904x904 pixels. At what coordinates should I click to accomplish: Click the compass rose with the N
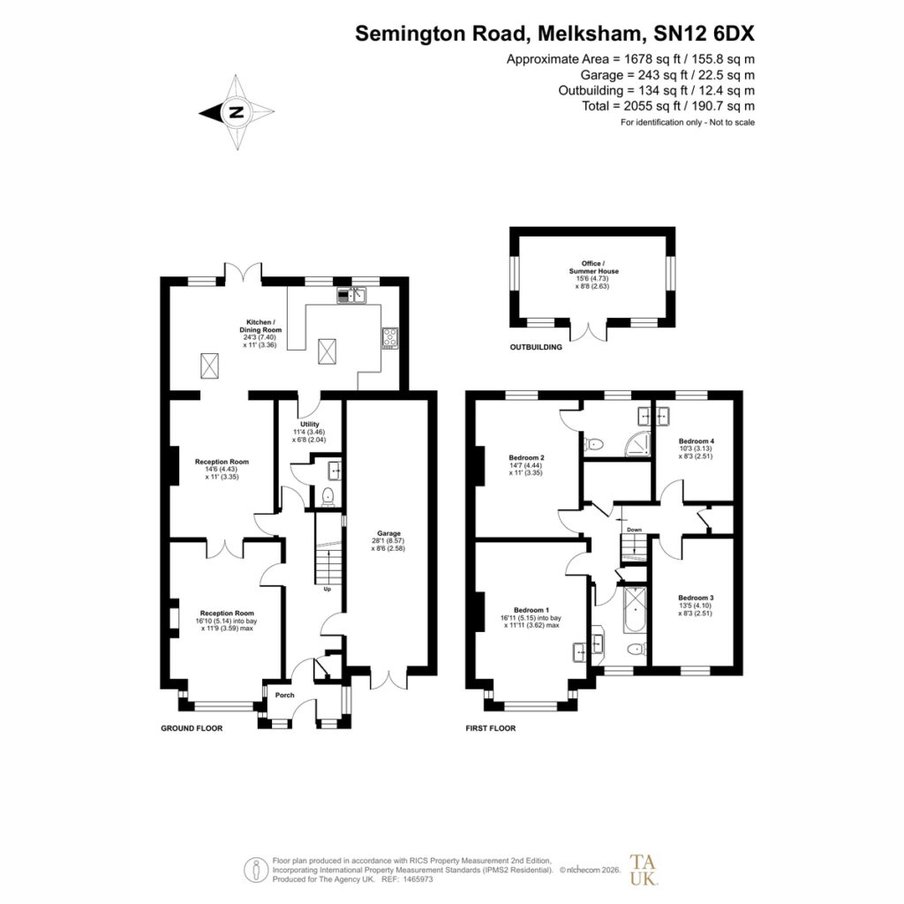tap(237, 112)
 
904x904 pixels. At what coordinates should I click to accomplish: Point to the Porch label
tap(285, 696)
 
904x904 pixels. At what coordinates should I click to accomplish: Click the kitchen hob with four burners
tap(389, 338)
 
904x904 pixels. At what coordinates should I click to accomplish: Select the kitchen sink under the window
tap(351, 296)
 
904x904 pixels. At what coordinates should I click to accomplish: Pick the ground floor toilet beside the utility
tap(328, 496)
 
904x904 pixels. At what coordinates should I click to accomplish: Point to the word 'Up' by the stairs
tap(327, 589)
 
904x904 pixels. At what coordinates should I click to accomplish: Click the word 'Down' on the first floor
tap(634, 530)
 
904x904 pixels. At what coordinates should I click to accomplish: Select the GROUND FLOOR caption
tap(192, 728)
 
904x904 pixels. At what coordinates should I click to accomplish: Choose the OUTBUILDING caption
tap(536, 347)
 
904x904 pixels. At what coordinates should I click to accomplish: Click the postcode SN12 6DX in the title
tap(704, 34)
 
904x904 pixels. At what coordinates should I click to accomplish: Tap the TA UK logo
tap(643, 870)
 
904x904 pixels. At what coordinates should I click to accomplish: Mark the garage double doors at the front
tap(388, 678)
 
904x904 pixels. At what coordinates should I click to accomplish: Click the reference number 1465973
tap(417, 879)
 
